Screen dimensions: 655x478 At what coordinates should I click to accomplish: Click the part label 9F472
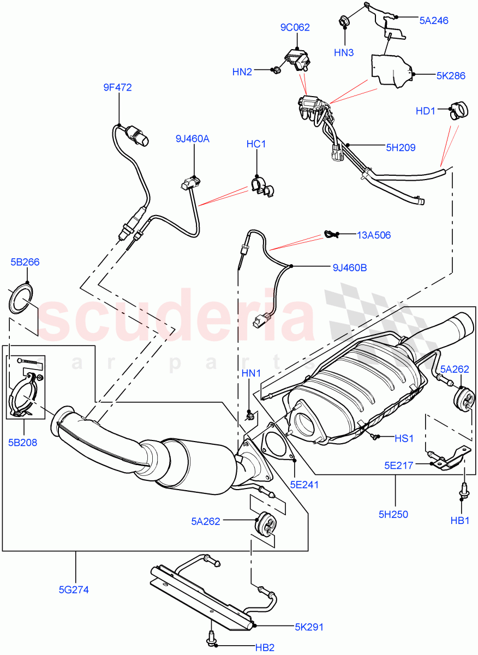(x=117, y=87)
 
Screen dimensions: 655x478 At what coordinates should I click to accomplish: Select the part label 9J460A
(x=193, y=139)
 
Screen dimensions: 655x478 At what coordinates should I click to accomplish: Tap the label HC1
(x=256, y=144)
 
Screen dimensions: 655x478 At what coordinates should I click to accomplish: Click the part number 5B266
(x=25, y=262)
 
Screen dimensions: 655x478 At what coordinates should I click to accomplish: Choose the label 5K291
(x=309, y=627)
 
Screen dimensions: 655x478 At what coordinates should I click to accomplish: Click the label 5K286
(x=451, y=76)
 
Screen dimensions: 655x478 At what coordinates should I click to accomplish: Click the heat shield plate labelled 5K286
(x=393, y=69)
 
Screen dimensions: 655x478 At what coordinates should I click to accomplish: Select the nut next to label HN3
(x=345, y=22)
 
